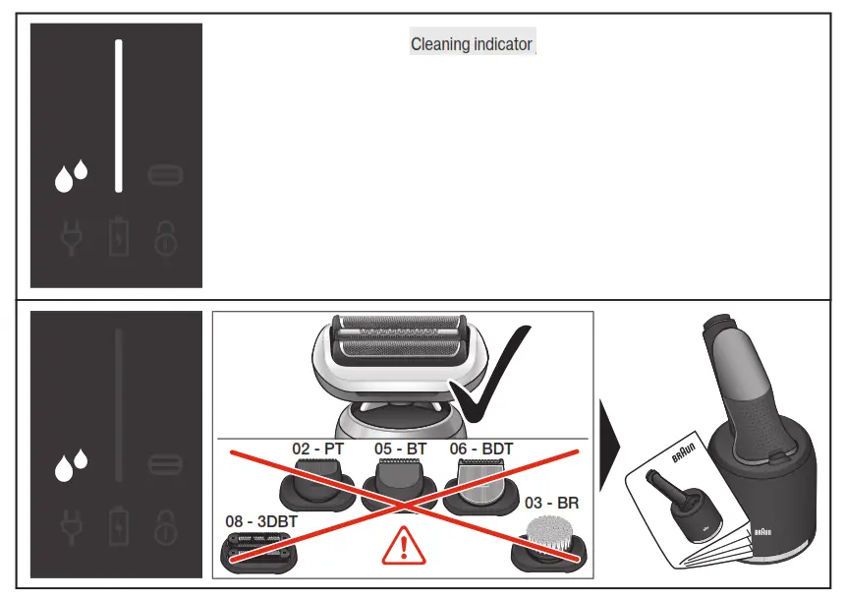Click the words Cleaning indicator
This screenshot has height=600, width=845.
click(x=472, y=44)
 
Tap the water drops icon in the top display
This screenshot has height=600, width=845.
click(x=71, y=177)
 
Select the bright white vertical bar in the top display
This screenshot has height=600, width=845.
click(x=119, y=116)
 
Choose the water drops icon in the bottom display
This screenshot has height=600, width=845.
click(x=71, y=464)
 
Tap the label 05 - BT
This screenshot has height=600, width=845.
click(x=400, y=449)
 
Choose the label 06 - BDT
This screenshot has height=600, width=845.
click(x=481, y=449)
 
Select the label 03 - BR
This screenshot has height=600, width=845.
click(x=552, y=503)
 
